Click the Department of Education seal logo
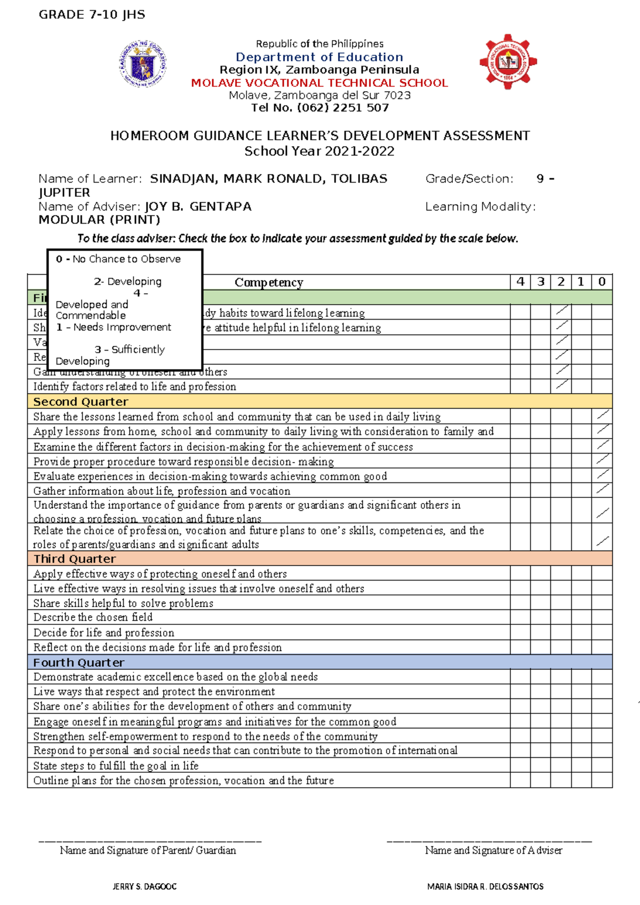click(x=142, y=63)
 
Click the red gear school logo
click(x=508, y=62)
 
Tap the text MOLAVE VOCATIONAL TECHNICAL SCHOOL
click(x=319, y=83)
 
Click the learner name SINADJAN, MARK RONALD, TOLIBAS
click(x=268, y=179)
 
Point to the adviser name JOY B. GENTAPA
click(x=198, y=207)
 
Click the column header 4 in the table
click(x=520, y=282)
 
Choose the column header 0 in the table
click(x=602, y=282)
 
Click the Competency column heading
click(x=269, y=282)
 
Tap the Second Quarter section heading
click(x=81, y=402)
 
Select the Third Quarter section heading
click(x=75, y=559)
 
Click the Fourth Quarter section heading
click(x=78, y=662)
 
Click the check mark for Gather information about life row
click(x=603, y=489)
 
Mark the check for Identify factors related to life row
click(x=562, y=384)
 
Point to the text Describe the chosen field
click(x=93, y=617)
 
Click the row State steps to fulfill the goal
click(x=116, y=766)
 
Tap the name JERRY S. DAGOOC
click(x=145, y=886)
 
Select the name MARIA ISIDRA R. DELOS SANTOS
click(x=485, y=886)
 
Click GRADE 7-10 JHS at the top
click(x=92, y=15)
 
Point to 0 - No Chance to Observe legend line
click(x=118, y=259)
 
